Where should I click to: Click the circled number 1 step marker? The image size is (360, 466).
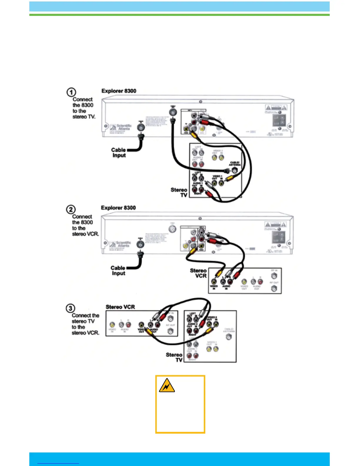(x=71, y=92)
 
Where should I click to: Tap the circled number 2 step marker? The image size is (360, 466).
(x=71, y=209)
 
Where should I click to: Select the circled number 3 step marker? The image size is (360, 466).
(x=70, y=308)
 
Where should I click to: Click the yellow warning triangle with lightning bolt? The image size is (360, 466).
(x=167, y=386)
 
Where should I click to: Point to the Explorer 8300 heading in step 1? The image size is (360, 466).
(x=119, y=91)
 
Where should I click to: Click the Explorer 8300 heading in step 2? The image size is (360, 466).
(x=118, y=208)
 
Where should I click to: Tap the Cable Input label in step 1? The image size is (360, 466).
(x=119, y=152)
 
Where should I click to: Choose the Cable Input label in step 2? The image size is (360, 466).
(x=118, y=270)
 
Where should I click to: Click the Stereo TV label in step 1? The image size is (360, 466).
(x=179, y=192)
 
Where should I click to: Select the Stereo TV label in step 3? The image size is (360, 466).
(x=174, y=357)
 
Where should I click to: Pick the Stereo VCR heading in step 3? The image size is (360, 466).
(x=120, y=307)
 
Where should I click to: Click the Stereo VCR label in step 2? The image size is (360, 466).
(x=199, y=273)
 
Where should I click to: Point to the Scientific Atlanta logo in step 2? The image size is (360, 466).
(x=120, y=244)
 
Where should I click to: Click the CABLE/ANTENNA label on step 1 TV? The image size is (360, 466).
(x=234, y=164)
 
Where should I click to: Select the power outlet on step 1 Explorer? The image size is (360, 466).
(x=279, y=120)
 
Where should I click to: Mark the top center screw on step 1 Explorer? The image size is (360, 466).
(x=201, y=102)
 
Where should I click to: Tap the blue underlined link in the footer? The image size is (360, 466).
(x=58, y=463)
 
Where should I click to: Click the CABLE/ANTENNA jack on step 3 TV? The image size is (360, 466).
(x=229, y=337)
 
